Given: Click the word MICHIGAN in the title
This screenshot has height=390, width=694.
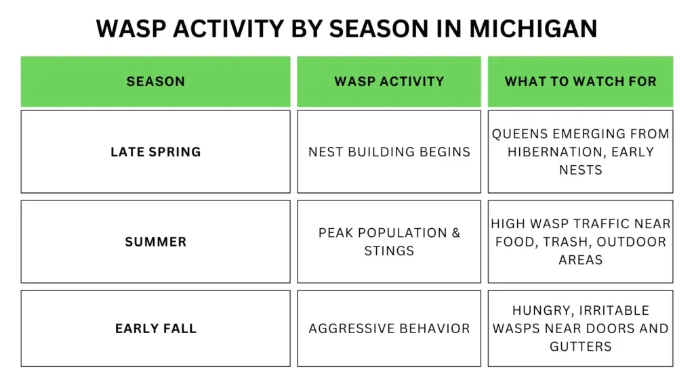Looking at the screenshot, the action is click(x=533, y=28).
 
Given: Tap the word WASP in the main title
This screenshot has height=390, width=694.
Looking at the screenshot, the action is click(x=131, y=28).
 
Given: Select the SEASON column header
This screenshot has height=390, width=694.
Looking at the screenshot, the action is click(x=155, y=81).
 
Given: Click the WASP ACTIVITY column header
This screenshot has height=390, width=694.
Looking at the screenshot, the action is click(x=389, y=81).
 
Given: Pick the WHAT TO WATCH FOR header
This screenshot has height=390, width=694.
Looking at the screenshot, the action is click(x=580, y=81).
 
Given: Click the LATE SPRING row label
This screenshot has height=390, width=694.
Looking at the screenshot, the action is click(x=155, y=152).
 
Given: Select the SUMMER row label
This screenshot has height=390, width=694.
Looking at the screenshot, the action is click(x=155, y=242).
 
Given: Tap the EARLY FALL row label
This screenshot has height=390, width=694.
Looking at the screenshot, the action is click(x=155, y=328).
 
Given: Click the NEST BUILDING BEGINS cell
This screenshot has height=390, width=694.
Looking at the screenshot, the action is click(x=389, y=152).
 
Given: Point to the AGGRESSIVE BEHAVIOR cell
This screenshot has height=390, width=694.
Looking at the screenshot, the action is click(x=389, y=328).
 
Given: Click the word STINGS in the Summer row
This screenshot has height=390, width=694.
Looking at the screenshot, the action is click(x=389, y=251).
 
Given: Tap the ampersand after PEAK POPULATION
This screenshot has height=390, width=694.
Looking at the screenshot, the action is click(x=456, y=233).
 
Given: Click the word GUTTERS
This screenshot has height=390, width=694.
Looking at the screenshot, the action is click(x=580, y=346).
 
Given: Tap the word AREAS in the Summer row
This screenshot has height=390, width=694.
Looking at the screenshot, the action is click(x=580, y=259).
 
